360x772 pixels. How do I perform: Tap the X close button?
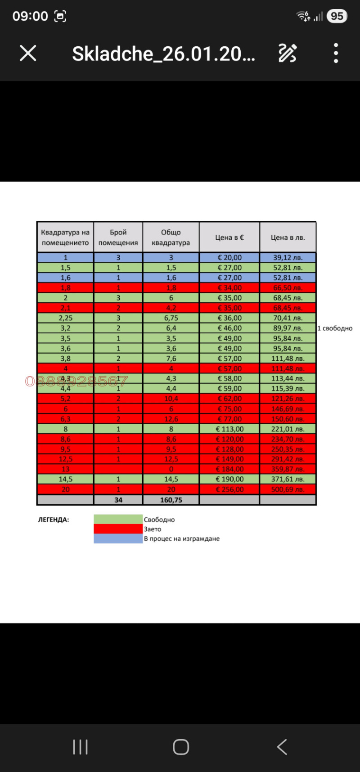coord(28,54)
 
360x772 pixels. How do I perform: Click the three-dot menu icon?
coord(336,54)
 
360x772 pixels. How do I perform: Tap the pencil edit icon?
coord(288,54)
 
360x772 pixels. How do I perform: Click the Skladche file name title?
coord(163,54)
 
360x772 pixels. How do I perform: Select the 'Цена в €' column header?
coord(229,237)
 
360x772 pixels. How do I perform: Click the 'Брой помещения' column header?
coord(118,237)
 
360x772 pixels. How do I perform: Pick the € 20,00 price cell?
coord(229,258)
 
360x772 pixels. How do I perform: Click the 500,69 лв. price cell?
coord(288,489)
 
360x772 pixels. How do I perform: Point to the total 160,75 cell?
coord(171,500)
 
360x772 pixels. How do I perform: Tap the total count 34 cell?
coord(118,500)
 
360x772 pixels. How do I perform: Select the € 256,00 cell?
coord(229,489)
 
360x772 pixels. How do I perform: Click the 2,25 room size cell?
coord(66,318)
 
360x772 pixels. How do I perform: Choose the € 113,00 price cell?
coord(229,429)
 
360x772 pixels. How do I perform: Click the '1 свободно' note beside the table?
coord(335,328)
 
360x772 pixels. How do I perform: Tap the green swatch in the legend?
coord(118,519)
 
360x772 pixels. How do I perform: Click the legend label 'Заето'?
coord(153,529)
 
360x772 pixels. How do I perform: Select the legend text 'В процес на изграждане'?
coord(182,539)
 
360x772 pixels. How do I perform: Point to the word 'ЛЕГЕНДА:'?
coord(54,520)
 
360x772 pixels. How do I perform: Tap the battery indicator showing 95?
coord(337,16)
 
